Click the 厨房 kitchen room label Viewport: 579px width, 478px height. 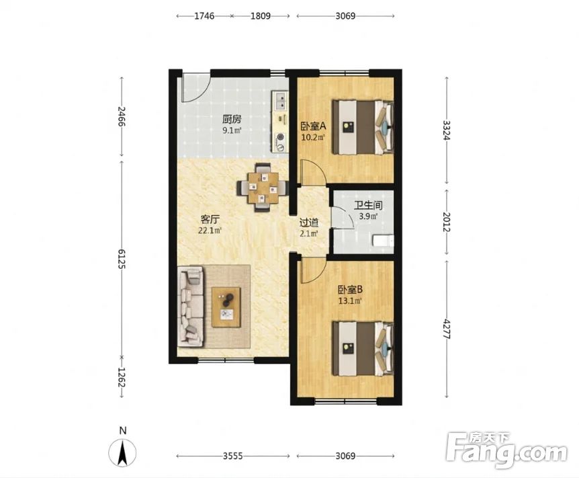(x=232, y=119)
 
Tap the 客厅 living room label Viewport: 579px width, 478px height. (x=210, y=220)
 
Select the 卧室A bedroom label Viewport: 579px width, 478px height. (x=313, y=126)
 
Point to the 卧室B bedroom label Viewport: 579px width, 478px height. (x=350, y=289)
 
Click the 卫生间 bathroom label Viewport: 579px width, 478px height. (x=368, y=205)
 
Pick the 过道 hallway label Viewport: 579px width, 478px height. (x=309, y=223)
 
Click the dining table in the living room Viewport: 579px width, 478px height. (x=263, y=188)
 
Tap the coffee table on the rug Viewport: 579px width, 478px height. (x=226, y=307)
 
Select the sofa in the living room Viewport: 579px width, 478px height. (x=191, y=307)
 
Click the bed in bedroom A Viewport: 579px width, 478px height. (x=363, y=127)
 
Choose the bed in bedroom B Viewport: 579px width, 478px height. (x=363, y=348)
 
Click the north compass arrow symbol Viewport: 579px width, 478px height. (x=122, y=452)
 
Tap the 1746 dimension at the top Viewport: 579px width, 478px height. (x=204, y=16)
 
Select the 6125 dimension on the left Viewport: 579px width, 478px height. (x=122, y=258)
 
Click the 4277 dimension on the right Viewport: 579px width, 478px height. (x=447, y=329)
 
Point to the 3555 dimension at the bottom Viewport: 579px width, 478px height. (x=232, y=456)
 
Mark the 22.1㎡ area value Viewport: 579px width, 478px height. (x=210, y=231)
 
